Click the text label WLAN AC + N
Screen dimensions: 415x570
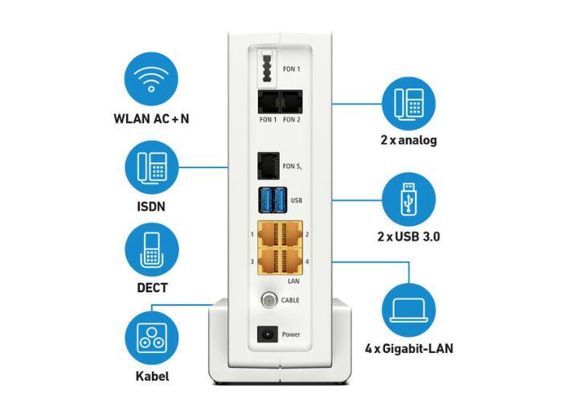152,119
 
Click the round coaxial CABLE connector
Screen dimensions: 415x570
268,300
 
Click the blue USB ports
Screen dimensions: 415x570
273,198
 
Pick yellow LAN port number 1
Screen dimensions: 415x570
268,235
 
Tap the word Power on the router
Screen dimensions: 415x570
292,334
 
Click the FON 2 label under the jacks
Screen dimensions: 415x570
292,120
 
